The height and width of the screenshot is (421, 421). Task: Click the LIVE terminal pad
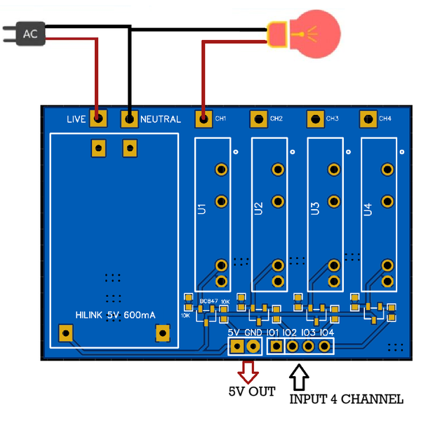pos(98,119)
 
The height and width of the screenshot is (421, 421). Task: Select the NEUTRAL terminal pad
pos(129,119)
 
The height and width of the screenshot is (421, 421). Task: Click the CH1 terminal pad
pos(203,119)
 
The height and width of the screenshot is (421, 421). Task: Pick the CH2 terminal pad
pos(259,119)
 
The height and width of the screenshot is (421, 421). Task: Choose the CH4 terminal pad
pos(368,119)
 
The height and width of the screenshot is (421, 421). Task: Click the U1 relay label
pos(202,208)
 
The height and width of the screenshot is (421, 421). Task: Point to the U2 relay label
pos(258,208)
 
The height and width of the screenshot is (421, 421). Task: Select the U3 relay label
pos(314,208)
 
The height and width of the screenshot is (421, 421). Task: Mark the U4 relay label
pos(368,208)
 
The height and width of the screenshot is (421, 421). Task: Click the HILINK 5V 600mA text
pos(116,316)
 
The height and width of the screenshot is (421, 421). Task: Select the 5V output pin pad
pos(237,346)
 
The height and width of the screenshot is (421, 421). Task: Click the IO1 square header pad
pos(276,346)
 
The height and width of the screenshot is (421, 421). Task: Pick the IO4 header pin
pos(325,346)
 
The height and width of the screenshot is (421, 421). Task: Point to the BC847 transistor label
pos(208,301)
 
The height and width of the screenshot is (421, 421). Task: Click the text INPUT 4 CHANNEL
pos(347,399)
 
